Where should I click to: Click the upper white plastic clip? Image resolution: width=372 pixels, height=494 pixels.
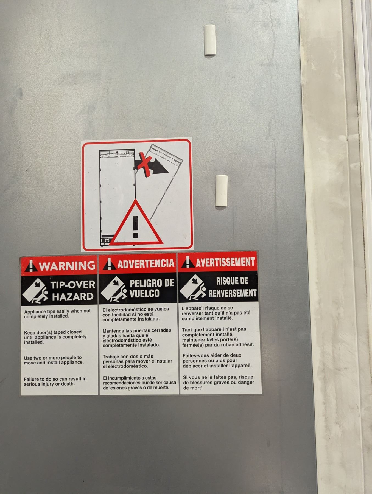pos(210,40)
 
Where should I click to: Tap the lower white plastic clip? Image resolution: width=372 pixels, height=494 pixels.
pos(221,191)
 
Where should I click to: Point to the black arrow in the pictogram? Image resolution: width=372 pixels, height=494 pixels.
pos(154,166)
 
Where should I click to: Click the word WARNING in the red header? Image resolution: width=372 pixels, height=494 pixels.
pos(67,266)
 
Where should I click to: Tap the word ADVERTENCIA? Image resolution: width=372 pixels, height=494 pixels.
pos(146,264)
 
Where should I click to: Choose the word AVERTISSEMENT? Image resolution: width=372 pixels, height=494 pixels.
pos(225,262)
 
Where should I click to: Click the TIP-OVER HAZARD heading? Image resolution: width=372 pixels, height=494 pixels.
pos(73,291)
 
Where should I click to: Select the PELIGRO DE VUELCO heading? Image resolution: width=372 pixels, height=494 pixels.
pos(152,288)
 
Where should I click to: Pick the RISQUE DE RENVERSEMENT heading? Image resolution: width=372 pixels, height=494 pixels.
pos(233,287)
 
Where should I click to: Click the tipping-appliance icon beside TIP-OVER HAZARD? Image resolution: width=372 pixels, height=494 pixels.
pos(35,291)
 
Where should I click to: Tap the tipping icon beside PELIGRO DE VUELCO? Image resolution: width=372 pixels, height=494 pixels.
pos(114,289)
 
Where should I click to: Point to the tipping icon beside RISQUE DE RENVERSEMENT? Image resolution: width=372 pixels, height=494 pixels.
pos(193,287)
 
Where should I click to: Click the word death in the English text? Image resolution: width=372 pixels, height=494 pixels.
pos(68,384)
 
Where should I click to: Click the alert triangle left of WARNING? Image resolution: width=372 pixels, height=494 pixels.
pos(31,266)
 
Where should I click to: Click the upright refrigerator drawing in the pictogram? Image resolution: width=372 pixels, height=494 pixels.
pos(118,197)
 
